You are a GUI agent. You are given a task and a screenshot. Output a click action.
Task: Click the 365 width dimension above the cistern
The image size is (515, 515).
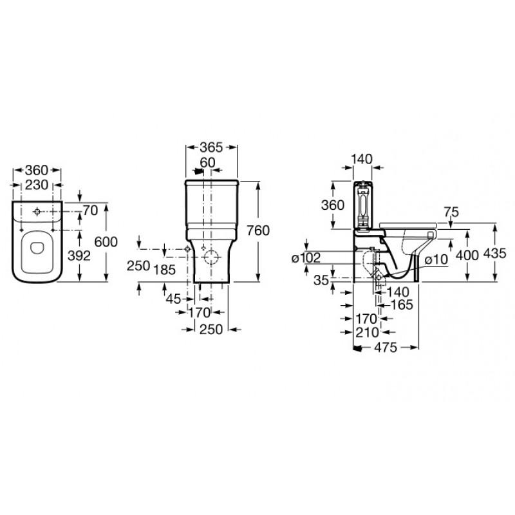(x=211, y=147)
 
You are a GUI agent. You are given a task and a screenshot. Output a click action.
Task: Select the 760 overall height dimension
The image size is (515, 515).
(x=258, y=230)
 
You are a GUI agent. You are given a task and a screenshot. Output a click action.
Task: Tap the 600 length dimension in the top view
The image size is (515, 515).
(x=106, y=242)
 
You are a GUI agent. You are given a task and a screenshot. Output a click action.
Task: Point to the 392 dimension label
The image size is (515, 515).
(x=79, y=256)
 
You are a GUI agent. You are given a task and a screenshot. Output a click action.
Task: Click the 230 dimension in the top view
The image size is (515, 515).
(x=37, y=185)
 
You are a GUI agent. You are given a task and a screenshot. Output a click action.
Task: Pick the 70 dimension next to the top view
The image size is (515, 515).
(x=90, y=211)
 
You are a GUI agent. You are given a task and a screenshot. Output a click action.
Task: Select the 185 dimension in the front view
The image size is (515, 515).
(x=165, y=270)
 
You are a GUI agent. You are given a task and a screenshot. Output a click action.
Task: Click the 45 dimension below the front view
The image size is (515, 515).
(x=173, y=299)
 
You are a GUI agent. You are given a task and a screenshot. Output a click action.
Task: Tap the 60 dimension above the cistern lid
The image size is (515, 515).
(x=207, y=162)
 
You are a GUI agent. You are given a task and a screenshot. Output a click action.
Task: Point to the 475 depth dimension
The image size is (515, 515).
(x=386, y=347)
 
